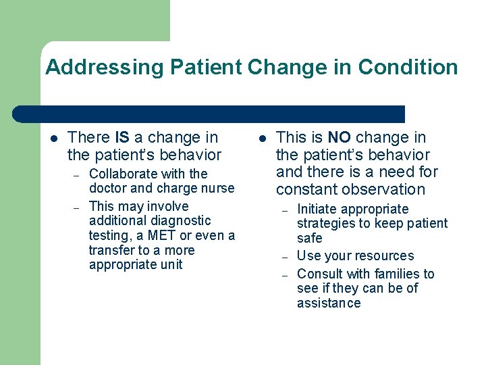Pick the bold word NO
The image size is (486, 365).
pyautogui.click(x=340, y=138)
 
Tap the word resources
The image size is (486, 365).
pyautogui.click(x=382, y=256)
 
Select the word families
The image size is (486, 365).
pyautogui.click(x=392, y=274)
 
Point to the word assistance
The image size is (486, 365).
pyautogui.click(x=329, y=303)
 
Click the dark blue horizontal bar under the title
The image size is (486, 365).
pyautogui.click(x=209, y=114)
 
